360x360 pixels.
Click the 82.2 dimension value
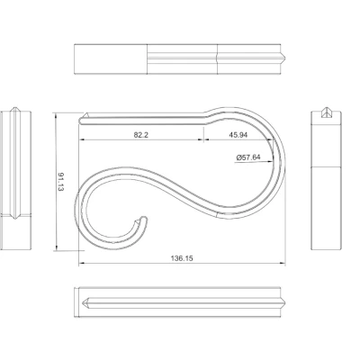tap(139, 135)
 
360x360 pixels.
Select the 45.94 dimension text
tap(238, 135)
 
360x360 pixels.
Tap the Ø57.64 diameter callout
tap(248, 157)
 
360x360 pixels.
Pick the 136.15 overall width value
tap(181, 258)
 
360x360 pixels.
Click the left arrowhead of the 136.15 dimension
tap(81, 263)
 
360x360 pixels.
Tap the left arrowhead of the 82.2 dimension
tap(81, 141)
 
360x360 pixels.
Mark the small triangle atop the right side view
tap(327, 114)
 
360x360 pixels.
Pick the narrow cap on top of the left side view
tap(19, 112)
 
